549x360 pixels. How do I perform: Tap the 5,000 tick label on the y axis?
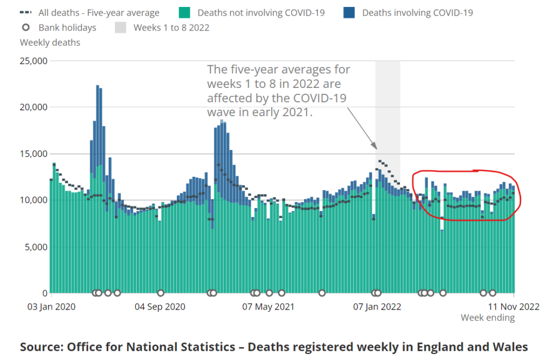[36, 246]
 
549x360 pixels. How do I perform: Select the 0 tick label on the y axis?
[45, 293]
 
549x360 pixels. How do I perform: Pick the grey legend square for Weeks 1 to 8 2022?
[121, 27]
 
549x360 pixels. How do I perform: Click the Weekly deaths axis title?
[50, 42]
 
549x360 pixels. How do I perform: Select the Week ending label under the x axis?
[487, 318]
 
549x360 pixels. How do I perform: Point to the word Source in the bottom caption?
[41, 347]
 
